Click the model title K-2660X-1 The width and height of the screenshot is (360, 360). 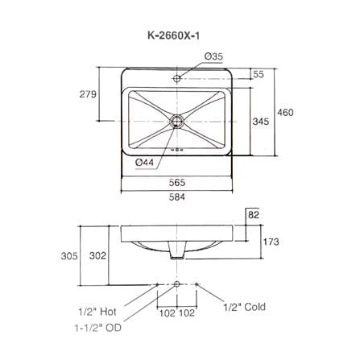174,35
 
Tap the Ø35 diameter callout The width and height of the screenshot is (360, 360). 213,56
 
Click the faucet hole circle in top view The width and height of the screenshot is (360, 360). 176,78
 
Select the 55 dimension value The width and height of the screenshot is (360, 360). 259,74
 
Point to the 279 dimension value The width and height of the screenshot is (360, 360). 88,94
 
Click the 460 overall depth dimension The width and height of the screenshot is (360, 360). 285,112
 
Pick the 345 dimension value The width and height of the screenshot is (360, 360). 260,122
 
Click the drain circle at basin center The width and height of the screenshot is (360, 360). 177,121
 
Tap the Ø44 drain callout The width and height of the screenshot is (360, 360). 144,162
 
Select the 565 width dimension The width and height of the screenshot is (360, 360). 177,183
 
